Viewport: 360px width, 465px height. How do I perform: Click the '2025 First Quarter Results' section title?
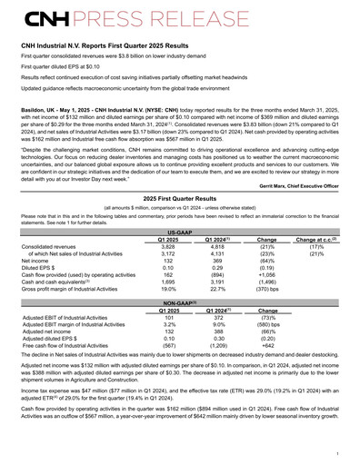coord(180,200)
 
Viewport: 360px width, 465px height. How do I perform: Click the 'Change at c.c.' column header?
coord(309,239)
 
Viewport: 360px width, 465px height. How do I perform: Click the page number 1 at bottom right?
coord(337,451)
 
